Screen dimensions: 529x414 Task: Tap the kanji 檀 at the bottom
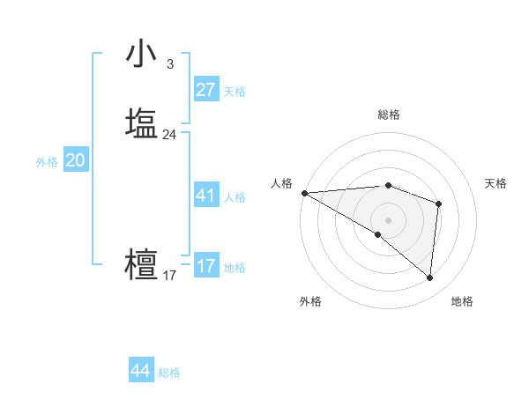(142, 265)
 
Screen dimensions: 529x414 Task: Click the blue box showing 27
(205, 90)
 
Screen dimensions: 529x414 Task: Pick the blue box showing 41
(205, 196)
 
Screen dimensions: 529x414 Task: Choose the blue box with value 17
(205, 266)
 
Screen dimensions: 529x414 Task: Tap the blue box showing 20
(75, 160)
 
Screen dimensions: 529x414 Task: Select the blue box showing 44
(141, 371)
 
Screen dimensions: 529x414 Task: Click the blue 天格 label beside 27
(235, 92)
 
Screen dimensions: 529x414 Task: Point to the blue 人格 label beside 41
(235, 197)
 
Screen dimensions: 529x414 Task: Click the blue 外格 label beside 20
(47, 162)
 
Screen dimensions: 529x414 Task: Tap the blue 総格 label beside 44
(169, 373)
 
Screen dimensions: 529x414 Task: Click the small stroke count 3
(169, 64)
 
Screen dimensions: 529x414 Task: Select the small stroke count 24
(169, 135)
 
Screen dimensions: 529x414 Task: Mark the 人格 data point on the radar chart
(304, 193)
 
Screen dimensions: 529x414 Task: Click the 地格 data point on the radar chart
(429, 277)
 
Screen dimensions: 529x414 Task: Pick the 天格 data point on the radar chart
(438, 203)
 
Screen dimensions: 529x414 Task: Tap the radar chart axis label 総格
(389, 115)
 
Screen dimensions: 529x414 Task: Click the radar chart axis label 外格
(310, 301)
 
